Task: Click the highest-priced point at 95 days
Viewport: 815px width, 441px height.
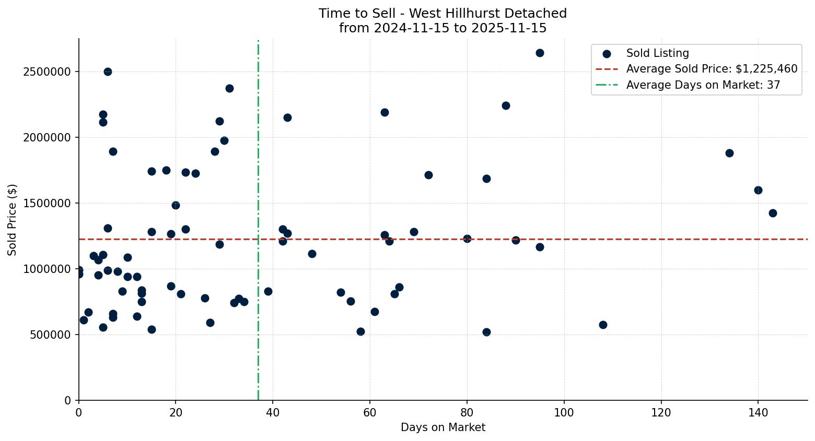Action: [x=540, y=53]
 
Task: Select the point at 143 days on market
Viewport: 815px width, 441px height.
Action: [x=773, y=213]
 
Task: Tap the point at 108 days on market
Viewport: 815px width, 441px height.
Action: [x=603, y=325]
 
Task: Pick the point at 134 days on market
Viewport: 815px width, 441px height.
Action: [x=729, y=153]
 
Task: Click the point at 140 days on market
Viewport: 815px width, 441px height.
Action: [x=758, y=190]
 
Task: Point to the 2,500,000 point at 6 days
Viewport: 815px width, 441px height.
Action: [x=108, y=71]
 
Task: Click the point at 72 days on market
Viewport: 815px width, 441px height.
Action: [x=428, y=175]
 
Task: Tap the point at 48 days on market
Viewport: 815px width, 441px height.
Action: [x=312, y=254]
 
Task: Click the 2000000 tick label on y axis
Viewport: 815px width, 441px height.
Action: [x=47, y=137]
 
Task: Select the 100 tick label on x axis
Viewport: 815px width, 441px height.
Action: [x=564, y=412]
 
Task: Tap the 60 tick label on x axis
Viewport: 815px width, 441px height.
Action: [x=370, y=412]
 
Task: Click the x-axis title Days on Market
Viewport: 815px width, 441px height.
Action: [x=443, y=427]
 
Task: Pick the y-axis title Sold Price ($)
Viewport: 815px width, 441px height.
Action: [x=12, y=220]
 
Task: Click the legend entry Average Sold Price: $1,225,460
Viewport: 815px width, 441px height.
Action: [x=712, y=69]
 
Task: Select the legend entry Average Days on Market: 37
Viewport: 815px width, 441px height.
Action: [x=703, y=85]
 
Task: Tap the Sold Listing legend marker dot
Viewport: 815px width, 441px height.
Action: [x=607, y=53]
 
